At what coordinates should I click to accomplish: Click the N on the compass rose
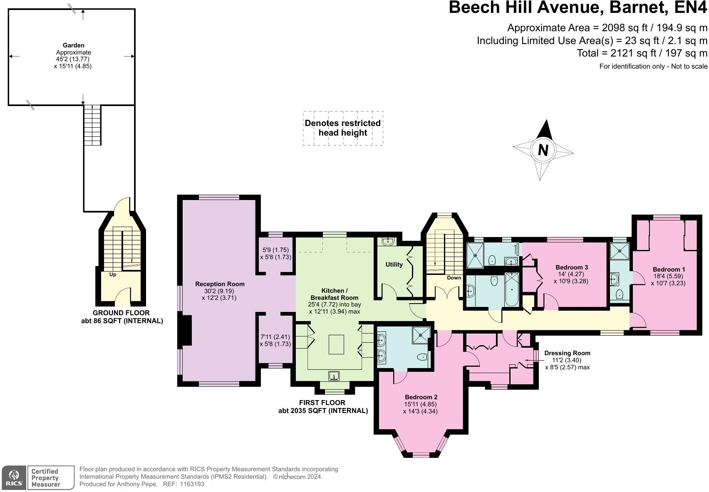(x=543, y=150)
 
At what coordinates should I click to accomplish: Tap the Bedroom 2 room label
(x=421, y=397)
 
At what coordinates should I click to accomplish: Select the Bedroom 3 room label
(x=571, y=267)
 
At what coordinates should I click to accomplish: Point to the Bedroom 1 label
(x=669, y=269)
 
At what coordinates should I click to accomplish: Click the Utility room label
(x=394, y=265)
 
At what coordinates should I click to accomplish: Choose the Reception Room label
(x=220, y=284)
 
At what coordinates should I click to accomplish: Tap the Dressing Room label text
(x=567, y=353)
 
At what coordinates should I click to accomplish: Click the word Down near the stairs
(x=454, y=278)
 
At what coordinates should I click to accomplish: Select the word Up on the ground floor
(x=113, y=274)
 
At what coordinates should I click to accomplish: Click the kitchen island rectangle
(x=336, y=344)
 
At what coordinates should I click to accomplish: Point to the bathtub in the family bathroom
(x=511, y=289)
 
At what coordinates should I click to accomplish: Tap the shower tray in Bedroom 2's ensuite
(x=421, y=335)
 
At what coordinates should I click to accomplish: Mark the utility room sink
(x=388, y=242)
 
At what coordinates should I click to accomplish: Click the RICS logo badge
(x=14, y=478)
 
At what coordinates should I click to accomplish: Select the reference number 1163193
(x=192, y=484)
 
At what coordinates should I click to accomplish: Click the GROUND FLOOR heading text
(x=121, y=313)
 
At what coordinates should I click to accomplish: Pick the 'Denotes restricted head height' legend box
(x=343, y=128)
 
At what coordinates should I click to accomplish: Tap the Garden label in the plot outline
(x=73, y=45)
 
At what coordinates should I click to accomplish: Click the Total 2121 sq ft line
(x=642, y=53)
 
